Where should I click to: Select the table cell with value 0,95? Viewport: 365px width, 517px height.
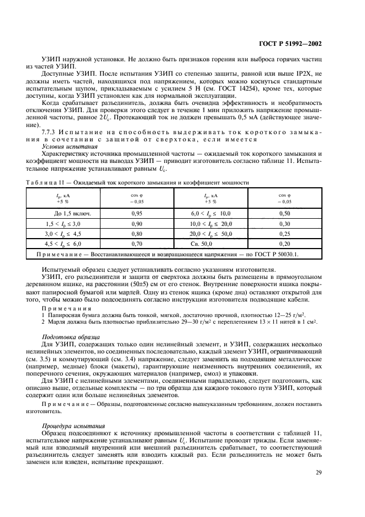[x=137, y=213]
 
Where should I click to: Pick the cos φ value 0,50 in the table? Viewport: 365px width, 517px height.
[x=284, y=213]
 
